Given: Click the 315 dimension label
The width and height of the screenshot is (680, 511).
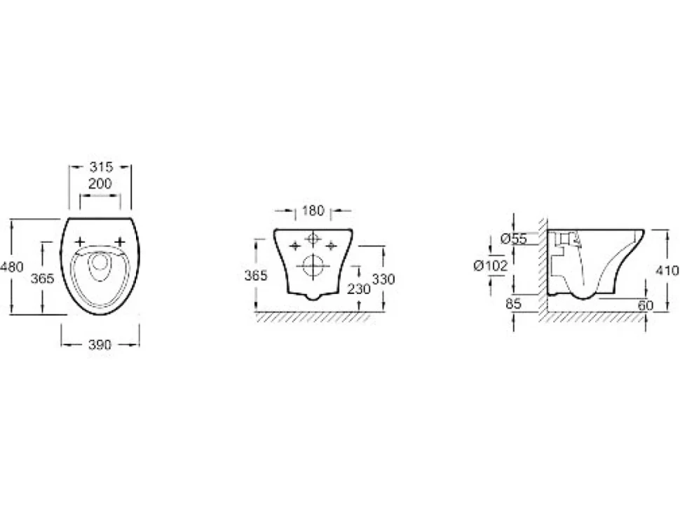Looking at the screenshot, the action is coord(101,167).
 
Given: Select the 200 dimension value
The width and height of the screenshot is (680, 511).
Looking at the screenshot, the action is coord(100,184).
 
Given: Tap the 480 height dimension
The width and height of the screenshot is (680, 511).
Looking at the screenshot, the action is coord(12,267).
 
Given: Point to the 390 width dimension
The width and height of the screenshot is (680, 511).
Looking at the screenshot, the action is coord(100,345).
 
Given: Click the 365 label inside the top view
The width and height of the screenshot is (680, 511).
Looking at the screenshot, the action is coord(43,278).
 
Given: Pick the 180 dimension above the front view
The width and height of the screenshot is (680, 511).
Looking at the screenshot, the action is coord(313,211).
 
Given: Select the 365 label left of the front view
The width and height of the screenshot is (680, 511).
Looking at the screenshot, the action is coord(256,275).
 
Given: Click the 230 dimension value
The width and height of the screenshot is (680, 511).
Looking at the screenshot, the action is coord(359,288).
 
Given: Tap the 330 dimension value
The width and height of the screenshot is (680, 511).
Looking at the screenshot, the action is coord(383,279).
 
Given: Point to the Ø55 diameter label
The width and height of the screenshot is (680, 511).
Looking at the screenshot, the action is coord(513,239).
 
